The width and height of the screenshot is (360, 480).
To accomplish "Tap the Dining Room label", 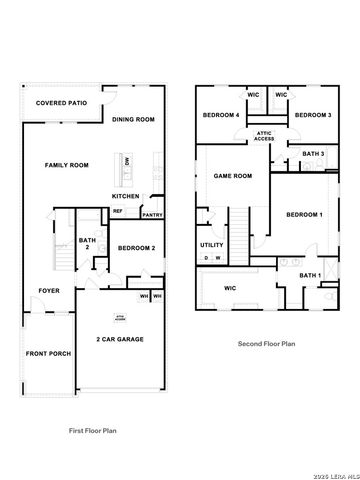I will pyautogui.click(x=133, y=120).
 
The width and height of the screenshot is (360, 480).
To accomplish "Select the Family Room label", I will pyautogui.click(x=66, y=165).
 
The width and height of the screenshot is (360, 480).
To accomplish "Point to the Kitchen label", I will pyautogui.click(x=125, y=196).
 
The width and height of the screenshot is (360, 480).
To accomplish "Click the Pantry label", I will pyautogui.click(x=152, y=214).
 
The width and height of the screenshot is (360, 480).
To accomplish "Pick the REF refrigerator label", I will pyautogui.click(x=117, y=211).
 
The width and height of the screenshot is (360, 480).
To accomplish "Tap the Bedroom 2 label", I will pyautogui.click(x=136, y=248).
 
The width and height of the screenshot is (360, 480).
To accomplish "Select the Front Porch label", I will pyautogui.click(x=48, y=354).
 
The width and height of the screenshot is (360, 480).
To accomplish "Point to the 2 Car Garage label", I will pyautogui.click(x=120, y=339).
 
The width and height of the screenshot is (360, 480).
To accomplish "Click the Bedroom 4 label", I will pyautogui.click(x=221, y=115).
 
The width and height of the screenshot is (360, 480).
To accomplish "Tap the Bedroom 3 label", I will pyautogui.click(x=313, y=115).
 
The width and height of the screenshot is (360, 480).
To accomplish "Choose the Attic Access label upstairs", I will pyautogui.click(x=265, y=136).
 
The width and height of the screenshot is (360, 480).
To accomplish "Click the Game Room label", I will pyautogui.click(x=233, y=176).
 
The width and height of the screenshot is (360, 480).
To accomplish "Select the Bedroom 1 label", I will pyautogui.click(x=304, y=215).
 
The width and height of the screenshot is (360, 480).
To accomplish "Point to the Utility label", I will pyautogui.click(x=212, y=244).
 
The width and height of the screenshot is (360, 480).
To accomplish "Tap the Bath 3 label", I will pyautogui.click(x=312, y=154).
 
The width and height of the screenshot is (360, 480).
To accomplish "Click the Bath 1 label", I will pyautogui.click(x=310, y=275).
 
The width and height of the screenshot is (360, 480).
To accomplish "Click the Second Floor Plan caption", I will pyautogui.click(x=266, y=343).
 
